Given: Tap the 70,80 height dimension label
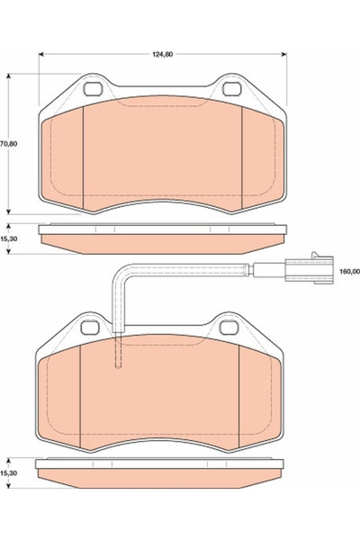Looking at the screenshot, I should click(8, 142).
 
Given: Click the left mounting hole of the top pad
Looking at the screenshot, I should click(92, 89).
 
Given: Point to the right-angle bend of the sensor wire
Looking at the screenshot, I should click(117, 272).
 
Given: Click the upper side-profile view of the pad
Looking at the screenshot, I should click(162, 238).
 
